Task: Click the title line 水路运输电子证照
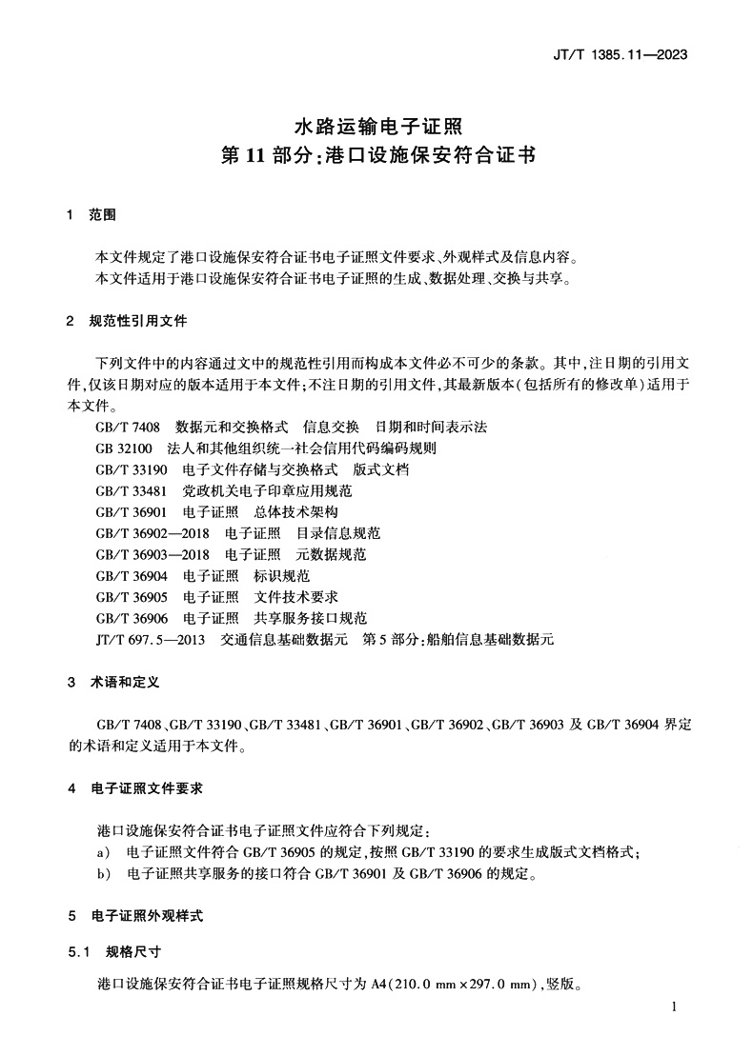[x=376, y=125]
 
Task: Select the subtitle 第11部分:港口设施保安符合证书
[x=376, y=156]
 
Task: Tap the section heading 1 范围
[x=92, y=216]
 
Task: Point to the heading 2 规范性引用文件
[x=126, y=321]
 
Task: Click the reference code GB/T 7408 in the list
[x=129, y=426]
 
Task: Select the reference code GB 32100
[x=125, y=448]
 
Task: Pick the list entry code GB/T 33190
[x=132, y=469]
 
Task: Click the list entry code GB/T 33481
[x=132, y=491]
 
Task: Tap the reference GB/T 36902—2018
[x=153, y=533]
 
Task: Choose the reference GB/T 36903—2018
[x=153, y=554]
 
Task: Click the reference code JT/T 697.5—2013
[x=150, y=640]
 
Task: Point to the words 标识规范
[x=283, y=576]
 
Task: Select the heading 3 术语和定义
[x=112, y=683]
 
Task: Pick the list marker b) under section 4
[x=103, y=874]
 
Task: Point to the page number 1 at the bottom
[x=674, y=1007]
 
